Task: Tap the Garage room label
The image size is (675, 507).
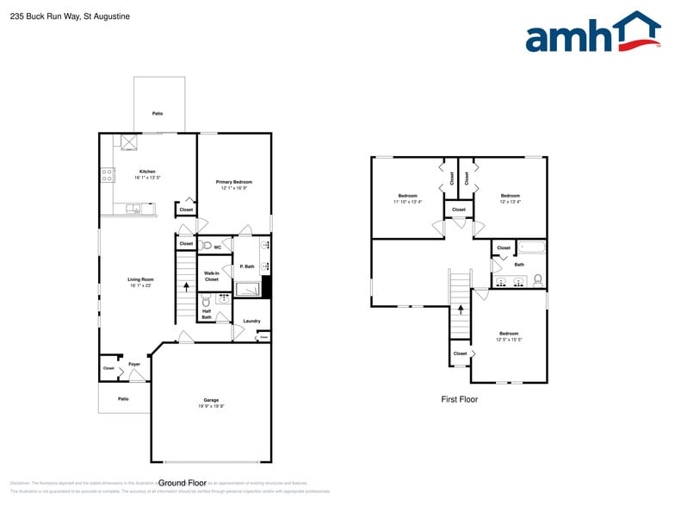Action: (x=211, y=401)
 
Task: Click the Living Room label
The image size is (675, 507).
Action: (x=140, y=281)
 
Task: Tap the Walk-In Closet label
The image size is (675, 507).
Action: (x=211, y=276)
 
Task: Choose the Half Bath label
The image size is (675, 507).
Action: (x=207, y=315)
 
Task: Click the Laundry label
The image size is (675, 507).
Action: (x=251, y=321)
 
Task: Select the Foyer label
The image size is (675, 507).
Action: (x=134, y=365)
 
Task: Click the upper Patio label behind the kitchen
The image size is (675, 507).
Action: (x=158, y=114)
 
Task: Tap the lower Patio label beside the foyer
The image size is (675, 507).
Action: (x=123, y=398)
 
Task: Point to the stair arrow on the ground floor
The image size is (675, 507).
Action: (x=186, y=285)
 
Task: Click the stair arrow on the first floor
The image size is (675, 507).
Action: (x=460, y=308)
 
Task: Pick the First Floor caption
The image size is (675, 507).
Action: (x=459, y=399)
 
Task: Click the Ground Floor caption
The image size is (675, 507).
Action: (x=183, y=483)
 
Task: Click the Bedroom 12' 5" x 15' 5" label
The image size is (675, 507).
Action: (x=508, y=336)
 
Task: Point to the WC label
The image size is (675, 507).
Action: (x=218, y=247)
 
